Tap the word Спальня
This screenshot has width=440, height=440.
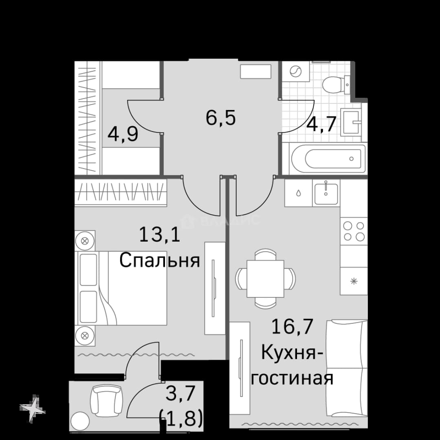pyautogui.click(x=159, y=260)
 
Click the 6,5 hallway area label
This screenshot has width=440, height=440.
pyautogui.click(x=220, y=118)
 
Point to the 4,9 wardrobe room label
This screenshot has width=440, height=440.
pyautogui.click(x=123, y=134)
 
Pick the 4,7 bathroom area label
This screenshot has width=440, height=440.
pyautogui.click(x=321, y=124)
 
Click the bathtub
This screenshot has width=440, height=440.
pyautogui.click(x=329, y=158)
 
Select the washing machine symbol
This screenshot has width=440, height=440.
pyautogui.click(x=296, y=72)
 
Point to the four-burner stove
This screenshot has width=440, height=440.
pyautogui.click(x=354, y=231)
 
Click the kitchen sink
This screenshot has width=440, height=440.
pyautogui.click(x=326, y=193)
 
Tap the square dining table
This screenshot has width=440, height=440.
pyautogui.click(x=265, y=278)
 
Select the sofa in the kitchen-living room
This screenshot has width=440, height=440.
pyautogui.click(x=347, y=368)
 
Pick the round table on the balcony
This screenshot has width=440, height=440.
pyautogui.click(x=80, y=421)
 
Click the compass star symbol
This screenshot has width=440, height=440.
pyautogui.click(x=33, y=409)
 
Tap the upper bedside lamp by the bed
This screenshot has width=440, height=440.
pyautogui.click(x=85, y=240)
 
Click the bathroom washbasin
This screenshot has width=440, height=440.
pyautogui.click(x=350, y=122)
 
